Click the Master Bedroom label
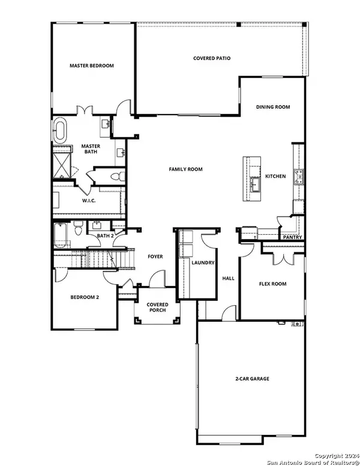coord(91,65)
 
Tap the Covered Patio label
coord(212,58)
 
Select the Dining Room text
coord(273,107)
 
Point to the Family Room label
coord(185,169)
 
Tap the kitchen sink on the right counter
coord(298,176)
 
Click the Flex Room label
coord(272,283)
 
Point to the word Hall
coord(228,279)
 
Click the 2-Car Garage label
coord(251,379)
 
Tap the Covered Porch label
coord(158,307)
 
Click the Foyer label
coord(155,256)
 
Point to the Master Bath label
coord(91,149)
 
